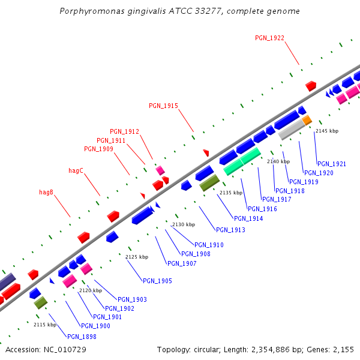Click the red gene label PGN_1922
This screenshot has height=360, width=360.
click(269, 38)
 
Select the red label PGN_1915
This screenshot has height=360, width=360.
click(163, 106)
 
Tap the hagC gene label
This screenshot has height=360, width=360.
click(76, 170)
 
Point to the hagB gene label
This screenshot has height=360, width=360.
click(46, 192)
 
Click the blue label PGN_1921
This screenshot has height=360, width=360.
click(332, 164)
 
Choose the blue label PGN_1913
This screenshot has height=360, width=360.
click(230, 230)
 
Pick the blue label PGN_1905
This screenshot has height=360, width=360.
click(157, 281)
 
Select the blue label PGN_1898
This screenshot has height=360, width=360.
click(82, 337)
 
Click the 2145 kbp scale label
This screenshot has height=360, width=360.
click(327, 131)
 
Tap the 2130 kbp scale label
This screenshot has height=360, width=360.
click(184, 224)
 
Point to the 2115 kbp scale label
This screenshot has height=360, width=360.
click(45, 325)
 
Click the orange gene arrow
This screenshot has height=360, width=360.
click(307, 121)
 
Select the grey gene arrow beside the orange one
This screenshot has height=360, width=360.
click(292, 129)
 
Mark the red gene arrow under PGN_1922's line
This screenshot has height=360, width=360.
click(311, 86)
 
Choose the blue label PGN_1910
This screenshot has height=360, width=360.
click(209, 245)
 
